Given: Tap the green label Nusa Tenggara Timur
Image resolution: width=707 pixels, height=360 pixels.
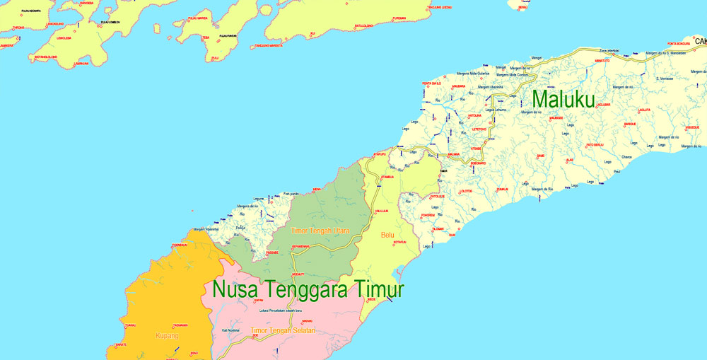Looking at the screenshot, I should [308, 290].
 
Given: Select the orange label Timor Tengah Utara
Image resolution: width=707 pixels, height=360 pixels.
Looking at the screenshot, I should [320, 230].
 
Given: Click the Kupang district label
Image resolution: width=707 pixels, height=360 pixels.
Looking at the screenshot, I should [167, 335].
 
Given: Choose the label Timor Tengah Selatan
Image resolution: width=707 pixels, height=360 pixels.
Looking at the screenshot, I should [283, 330].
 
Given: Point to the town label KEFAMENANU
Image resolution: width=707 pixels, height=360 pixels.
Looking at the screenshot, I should [301, 246].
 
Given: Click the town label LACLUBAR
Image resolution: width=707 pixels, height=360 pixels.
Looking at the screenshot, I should [603, 104].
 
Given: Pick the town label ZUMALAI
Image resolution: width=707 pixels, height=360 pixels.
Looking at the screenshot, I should [502, 189].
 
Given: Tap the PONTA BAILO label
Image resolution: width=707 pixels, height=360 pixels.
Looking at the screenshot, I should [431, 83].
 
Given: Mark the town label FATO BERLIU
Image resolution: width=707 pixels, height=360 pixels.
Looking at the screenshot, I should [595, 145].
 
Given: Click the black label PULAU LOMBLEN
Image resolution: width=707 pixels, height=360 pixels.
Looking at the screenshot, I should [110, 23].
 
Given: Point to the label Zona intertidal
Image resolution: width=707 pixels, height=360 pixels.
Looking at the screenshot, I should [609, 51].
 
